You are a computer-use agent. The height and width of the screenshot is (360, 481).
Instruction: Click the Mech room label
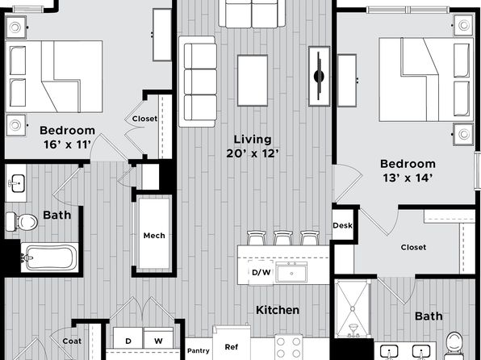154,236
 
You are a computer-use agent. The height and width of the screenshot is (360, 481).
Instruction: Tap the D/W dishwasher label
261,272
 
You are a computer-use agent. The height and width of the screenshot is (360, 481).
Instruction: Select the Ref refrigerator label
232,347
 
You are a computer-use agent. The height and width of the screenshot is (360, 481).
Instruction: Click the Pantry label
199,350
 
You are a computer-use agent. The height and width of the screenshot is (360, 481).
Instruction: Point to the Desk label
342,225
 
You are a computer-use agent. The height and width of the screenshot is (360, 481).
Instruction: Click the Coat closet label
72,341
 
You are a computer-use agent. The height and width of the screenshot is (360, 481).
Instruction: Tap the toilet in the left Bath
22,222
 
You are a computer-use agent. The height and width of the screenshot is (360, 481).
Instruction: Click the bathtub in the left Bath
49,257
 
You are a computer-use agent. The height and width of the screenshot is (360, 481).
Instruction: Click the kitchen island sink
291,272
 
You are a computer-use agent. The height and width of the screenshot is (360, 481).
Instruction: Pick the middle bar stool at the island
283,238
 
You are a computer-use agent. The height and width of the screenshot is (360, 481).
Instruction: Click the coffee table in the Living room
253,81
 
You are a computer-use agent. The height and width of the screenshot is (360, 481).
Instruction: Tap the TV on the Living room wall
319,76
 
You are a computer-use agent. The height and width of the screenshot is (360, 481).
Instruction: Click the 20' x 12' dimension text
253,153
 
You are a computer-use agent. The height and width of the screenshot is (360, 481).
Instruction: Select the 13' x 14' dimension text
408,178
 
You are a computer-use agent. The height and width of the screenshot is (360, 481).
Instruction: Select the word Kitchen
278,310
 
